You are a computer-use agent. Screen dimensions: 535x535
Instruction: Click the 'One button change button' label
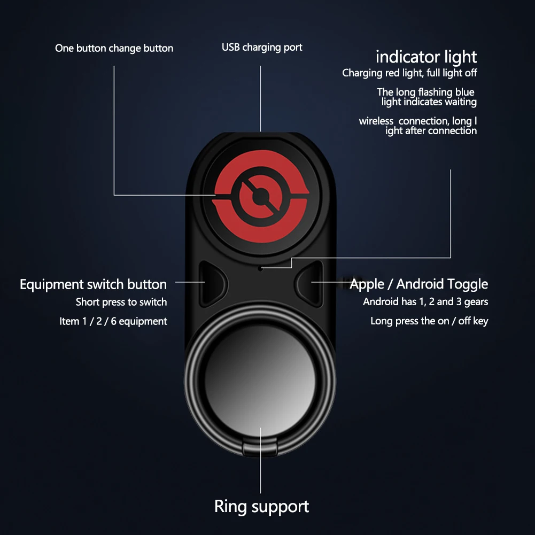(x=114, y=49)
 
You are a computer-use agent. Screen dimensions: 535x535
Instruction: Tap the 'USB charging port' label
(x=262, y=48)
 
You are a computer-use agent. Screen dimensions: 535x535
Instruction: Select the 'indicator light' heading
(x=426, y=57)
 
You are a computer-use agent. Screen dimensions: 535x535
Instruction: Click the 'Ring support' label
(x=261, y=506)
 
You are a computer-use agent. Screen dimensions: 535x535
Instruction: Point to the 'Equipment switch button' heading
(x=93, y=284)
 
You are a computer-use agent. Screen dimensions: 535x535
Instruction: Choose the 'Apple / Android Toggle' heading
(x=418, y=284)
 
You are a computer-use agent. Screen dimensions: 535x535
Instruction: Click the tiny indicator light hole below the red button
(x=260, y=268)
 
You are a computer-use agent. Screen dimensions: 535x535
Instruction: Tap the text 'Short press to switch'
(x=121, y=303)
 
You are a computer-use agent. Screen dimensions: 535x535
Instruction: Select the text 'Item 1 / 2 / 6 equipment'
(x=113, y=321)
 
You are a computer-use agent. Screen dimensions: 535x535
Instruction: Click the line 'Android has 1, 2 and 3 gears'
(x=425, y=302)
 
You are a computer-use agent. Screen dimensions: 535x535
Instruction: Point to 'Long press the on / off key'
(x=429, y=321)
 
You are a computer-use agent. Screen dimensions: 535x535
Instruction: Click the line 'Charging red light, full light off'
(x=409, y=73)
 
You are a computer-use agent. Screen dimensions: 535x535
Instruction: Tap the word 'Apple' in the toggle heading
(x=367, y=284)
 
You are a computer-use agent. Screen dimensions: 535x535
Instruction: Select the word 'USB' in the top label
(x=231, y=48)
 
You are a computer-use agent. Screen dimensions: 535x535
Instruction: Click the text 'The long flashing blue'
(x=425, y=92)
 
